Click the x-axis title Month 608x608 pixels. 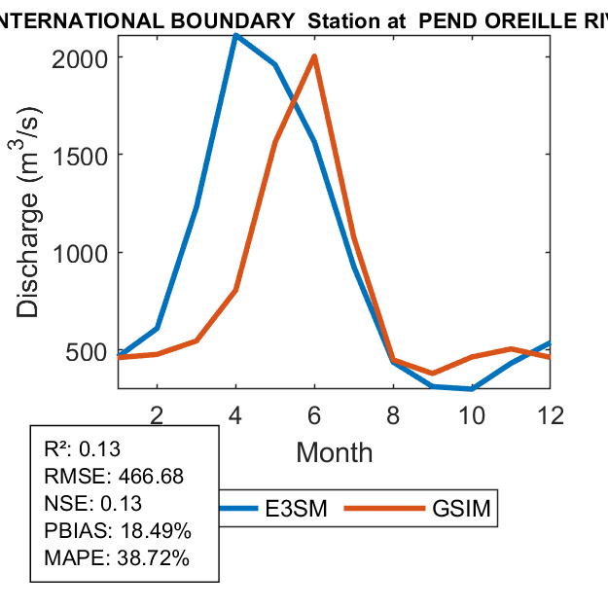click(334, 452)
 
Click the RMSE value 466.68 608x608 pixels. click(151, 477)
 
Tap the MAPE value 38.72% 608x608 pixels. click(153, 558)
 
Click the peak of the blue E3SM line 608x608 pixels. click(235, 35)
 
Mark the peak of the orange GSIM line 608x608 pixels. click(314, 56)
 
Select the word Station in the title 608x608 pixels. click(340, 18)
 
